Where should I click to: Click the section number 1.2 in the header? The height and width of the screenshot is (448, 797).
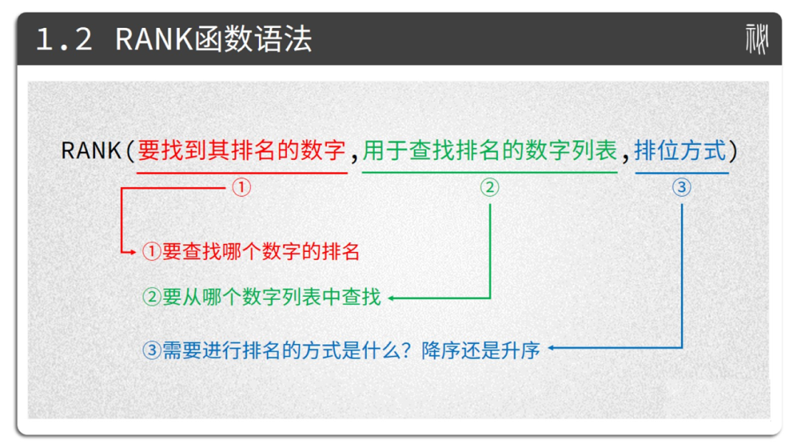[x=64, y=39]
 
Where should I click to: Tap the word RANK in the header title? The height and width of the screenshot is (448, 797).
[x=154, y=39]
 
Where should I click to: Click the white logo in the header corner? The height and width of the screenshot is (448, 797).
[x=757, y=39]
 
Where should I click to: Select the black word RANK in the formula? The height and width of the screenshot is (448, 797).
[x=91, y=151]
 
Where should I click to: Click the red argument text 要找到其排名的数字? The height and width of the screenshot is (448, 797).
[x=241, y=151]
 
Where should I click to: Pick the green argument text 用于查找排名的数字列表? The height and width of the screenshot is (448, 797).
[x=489, y=151]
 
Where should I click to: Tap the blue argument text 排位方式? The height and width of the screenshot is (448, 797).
[x=680, y=151]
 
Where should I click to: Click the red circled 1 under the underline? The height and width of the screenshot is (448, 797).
[x=241, y=188]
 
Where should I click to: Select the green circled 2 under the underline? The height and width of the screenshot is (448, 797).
[x=489, y=188]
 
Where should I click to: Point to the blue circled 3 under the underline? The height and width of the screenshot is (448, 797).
[x=682, y=188]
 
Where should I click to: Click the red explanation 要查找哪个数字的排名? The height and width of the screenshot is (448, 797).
[x=261, y=252]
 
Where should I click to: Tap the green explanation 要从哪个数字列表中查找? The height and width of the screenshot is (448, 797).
[x=272, y=297]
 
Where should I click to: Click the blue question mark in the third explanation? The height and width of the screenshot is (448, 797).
[x=406, y=350]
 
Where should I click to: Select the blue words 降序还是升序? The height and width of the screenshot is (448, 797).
[x=480, y=350]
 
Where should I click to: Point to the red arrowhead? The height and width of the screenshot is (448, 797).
[x=133, y=252]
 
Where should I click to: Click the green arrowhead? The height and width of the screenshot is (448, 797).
[x=391, y=298]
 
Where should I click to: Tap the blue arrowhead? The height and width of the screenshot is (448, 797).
[x=551, y=348]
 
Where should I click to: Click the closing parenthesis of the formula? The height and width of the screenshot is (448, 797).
[x=733, y=151]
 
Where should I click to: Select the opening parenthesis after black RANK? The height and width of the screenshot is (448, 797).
[x=130, y=151]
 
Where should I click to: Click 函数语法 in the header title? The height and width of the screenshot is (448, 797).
[x=252, y=39]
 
